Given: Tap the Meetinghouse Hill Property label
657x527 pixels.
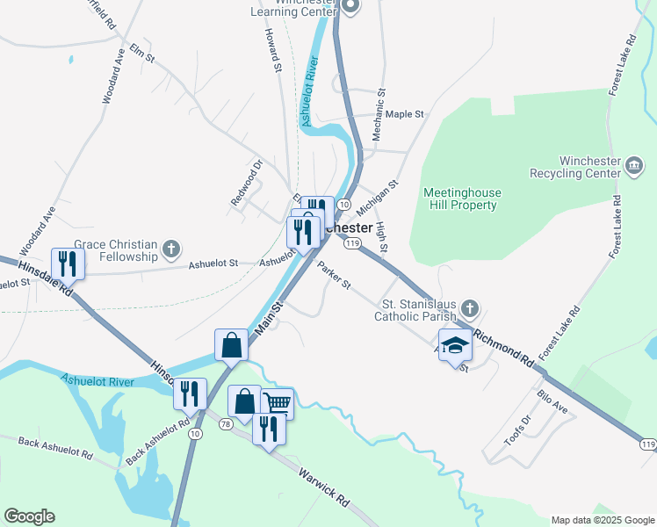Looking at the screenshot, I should click(459, 199).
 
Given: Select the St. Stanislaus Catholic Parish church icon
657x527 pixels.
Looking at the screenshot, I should click(470, 309).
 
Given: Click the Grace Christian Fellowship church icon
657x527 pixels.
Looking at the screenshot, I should click(171, 250).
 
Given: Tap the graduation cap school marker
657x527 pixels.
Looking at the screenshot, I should click(455, 346).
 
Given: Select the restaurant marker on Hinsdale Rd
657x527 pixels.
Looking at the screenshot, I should click(68, 263).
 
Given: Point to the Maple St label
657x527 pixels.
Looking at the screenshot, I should click(405, 114).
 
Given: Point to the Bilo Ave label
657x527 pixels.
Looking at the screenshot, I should click(552, 404).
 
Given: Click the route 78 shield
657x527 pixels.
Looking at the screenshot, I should click(226, 424).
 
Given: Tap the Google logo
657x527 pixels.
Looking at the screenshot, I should click(29, 516).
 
